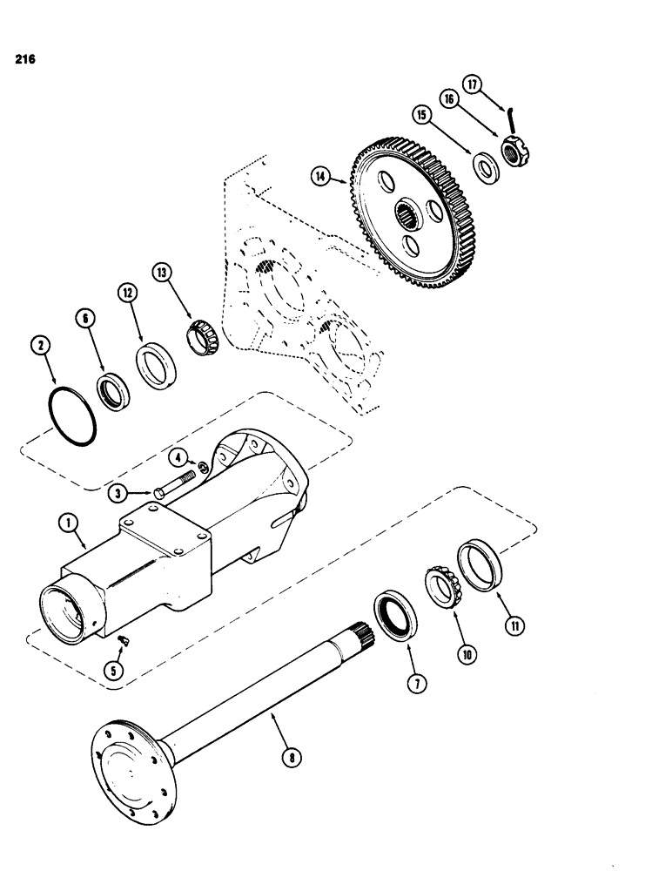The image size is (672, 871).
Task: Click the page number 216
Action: [24, 62]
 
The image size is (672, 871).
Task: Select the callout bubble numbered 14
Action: [324, 177]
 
